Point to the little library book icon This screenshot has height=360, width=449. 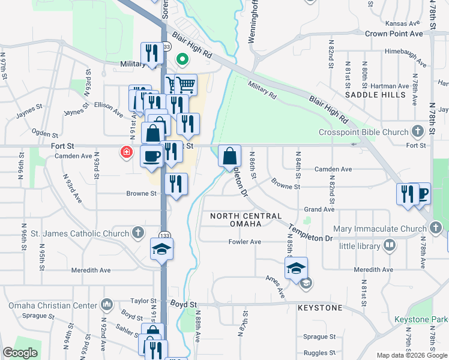[390, 245]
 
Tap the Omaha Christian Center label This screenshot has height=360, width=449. [53, 305]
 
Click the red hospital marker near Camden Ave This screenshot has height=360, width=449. [126, 152]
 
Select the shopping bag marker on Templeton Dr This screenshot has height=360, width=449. [229, 157]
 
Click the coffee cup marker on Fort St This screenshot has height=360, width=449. [151, 156]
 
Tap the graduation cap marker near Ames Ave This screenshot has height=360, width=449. [296, 268]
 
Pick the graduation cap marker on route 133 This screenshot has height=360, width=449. [161, 249]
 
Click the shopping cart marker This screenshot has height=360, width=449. [186, 85]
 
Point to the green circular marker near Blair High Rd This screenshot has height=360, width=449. [182, 59]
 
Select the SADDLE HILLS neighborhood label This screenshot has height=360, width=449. [370, 95]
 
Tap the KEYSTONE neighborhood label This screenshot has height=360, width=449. [320, 308]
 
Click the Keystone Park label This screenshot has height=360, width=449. [421, 320]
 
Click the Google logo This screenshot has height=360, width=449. [20, 353]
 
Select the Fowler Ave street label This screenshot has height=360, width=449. [244, 242]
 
